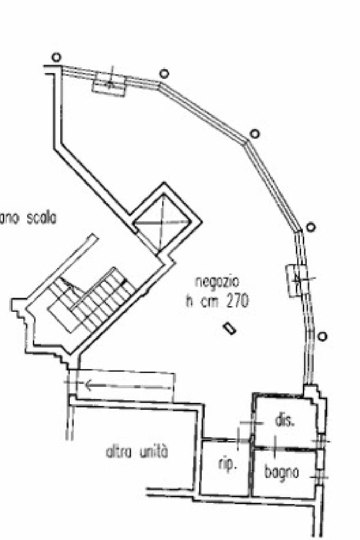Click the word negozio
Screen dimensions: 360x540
217,281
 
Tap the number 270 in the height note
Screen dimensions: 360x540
237,301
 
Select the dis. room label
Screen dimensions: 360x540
285,420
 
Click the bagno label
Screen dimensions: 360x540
282,472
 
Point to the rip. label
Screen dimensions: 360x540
227,465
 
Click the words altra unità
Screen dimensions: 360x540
137,451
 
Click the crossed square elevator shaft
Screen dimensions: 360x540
162,222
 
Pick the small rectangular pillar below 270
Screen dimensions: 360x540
230,328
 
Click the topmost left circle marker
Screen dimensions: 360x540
56,57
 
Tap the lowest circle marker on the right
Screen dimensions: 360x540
322,336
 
